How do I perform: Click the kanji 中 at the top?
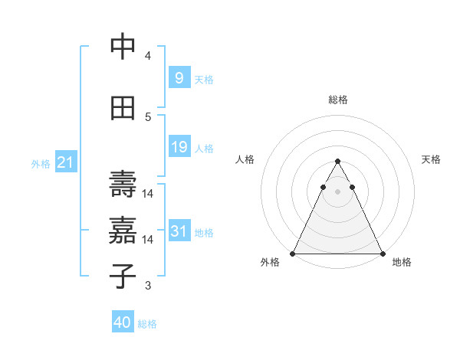pyautogui.click(x=123, y=47)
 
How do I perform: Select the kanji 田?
pyautogui.click(x=123, y=108)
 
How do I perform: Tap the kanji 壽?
pyautogui.click(x=123, y=184)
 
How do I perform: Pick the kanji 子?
pyautogui.click(x=123, y=276)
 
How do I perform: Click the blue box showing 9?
pyautogui.click(x=179, y=78)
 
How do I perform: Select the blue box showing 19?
pyautogui.click(x=179, y=147)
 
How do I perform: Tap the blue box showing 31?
pyautogui.click(x=179, y=231)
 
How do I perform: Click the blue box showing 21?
pyautogui.click(x=65, y=162)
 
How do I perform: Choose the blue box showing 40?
pyautogui.click(x=122, y=322)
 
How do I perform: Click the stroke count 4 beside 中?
pyautogui.click(x=147, y=56)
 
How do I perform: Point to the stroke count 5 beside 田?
pyautogui.click(x=147, y=117)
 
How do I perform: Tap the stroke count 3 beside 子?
pyautogui.click(x=147, y=286)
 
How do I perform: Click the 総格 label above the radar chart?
pyautogui.click(x=337, y=100)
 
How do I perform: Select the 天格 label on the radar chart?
pyautogui.click(x=432, y=159)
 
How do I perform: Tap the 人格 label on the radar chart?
pyautogui.click(x=245, y=159)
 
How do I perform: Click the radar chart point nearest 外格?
pyautogui.click(x=293, y=254)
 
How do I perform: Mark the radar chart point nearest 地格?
pyautogui.click(x=382, y=254)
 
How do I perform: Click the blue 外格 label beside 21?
pyautogui.click(x=40, y=163)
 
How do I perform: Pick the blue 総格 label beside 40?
pyautogui.click(x=147, y=324)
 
